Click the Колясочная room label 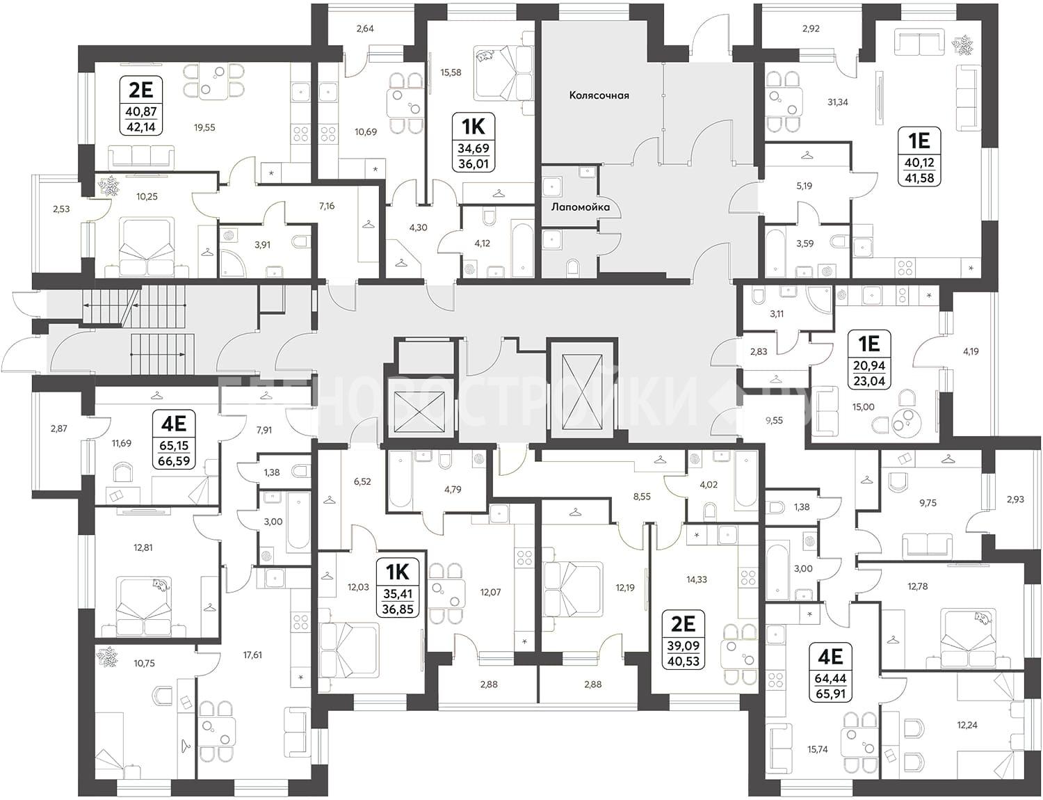tap(599, 95)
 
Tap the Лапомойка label tap(581, 207)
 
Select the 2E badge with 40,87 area tap(141, 106)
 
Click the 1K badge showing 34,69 tap(474, 143)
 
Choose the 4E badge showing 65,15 tap(174, 439)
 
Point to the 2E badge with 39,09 tap(683, 639)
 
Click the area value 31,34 tap(838, 102)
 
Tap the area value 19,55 tap(204, 128)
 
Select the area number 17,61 tap(252, 655)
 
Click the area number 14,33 tap(696, 579)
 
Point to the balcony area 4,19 tap(971, 351)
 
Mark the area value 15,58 tap(451, 72)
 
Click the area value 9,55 tap(774, 421)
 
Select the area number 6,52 tap(362, 481)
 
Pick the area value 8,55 tap(642, 497)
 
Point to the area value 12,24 tap(967, 725)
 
